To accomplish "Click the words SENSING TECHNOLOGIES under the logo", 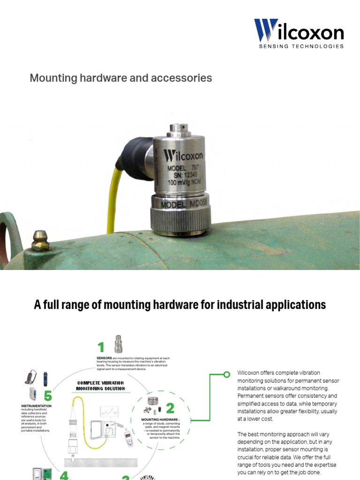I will [301, 46].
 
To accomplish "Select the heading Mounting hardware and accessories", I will [121, 78].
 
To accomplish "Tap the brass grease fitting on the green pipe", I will [40, 240].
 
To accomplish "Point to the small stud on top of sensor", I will [178, 127].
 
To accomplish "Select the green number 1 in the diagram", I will [101, 347].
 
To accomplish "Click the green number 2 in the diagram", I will [170, 408].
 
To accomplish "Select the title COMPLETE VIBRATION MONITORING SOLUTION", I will [101, 385].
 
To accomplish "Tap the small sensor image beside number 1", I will [119, 344].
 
